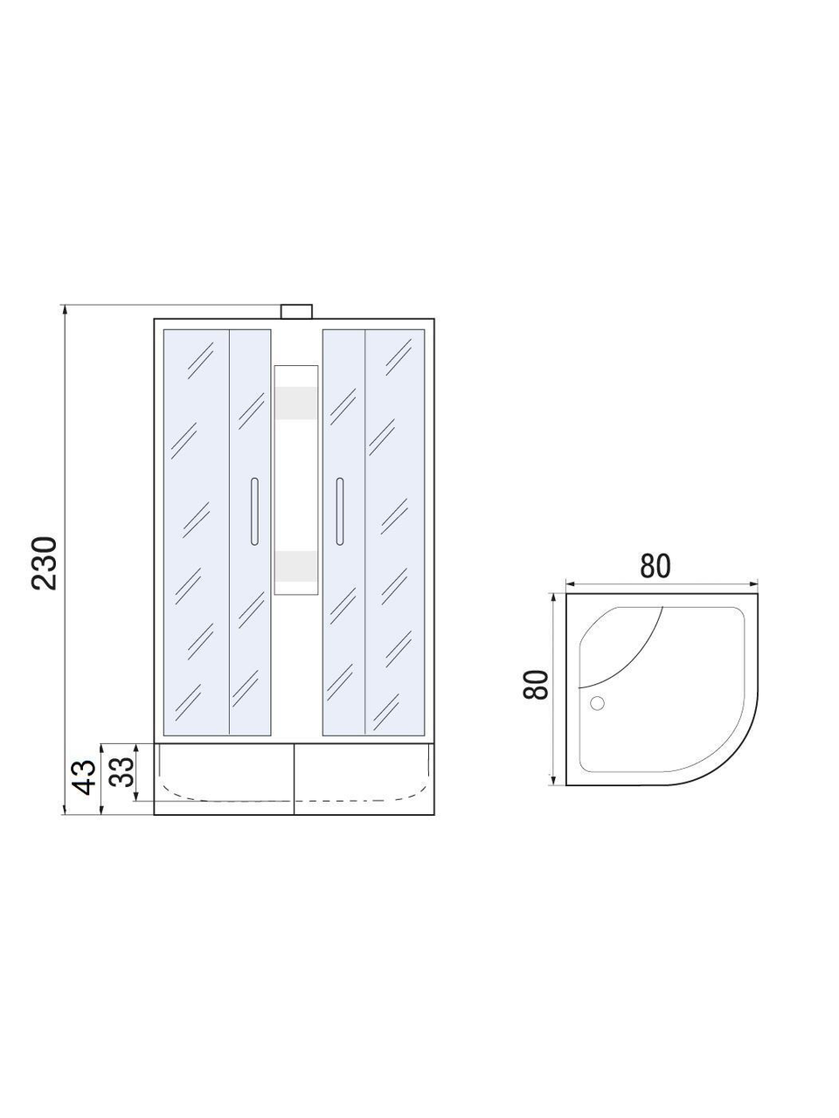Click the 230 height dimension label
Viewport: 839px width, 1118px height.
44,562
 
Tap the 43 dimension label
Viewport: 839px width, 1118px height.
84,777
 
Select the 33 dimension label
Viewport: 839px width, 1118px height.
122,772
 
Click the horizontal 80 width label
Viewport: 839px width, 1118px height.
655,566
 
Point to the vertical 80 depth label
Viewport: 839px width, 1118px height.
536,685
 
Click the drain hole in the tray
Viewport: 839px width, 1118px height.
597,703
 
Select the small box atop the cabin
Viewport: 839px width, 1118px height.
296,311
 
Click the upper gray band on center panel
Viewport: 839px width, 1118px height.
296,403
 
